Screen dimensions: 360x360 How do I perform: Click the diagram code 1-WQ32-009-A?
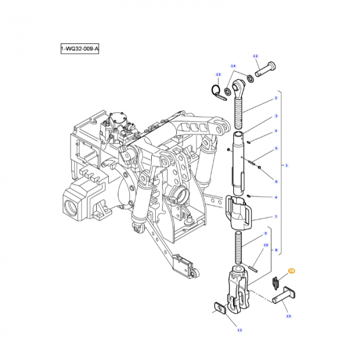pos(79,49)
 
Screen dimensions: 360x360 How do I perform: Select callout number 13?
pos(218,75)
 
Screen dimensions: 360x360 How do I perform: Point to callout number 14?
pos(233,66)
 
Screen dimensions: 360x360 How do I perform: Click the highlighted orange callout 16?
pos(292,270)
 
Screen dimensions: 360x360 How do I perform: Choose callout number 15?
pos(289,316)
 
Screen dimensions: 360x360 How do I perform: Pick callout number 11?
pos(239,330)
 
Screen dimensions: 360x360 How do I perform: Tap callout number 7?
pos(276,217)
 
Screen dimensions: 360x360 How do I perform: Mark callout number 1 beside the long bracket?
pos(286,165)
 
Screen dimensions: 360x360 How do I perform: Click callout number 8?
pos(276,250)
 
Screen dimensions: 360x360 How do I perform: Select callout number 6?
pos(276,182)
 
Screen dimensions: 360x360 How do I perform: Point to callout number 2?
pos(276,98)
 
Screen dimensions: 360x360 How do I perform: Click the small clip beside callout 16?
pos(275,281)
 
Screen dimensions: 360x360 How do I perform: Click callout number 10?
pos(266,245)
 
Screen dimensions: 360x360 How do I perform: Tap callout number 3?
pos(276,116)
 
